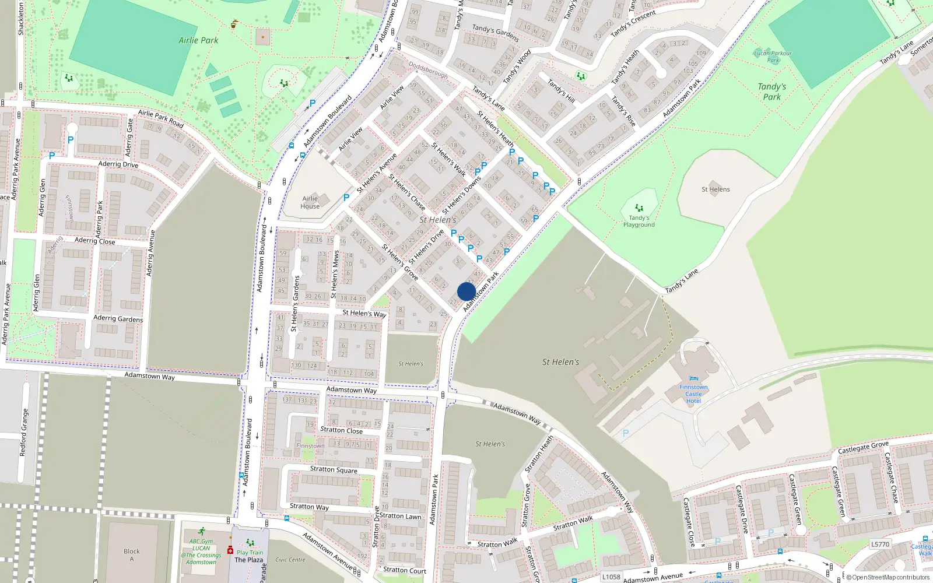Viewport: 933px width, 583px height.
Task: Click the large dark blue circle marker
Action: point(466,291)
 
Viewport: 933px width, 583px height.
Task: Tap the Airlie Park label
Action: point(198,40)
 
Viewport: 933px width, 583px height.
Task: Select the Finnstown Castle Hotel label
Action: point(693,394)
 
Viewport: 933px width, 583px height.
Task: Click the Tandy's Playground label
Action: point(639,222)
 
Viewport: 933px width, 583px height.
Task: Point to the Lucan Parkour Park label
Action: point(773,57)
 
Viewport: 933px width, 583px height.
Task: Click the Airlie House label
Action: point(310,202)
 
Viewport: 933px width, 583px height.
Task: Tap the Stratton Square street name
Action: point(334,469)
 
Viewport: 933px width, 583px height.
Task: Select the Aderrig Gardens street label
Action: point(118,318)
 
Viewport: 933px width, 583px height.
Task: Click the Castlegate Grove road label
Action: point(863,447)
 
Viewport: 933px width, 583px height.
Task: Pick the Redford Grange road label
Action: point(23,432)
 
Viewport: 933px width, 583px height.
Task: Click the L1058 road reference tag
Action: point(611,577)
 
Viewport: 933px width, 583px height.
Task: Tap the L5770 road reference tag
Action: point(880,545)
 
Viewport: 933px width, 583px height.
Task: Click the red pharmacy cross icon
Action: point(230,550)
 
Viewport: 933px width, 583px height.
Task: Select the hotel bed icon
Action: point(693,378)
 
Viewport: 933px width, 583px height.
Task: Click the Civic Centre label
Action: point(290,560)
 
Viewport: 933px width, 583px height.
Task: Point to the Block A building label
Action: point(132,555)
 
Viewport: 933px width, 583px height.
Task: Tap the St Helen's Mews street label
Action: point(335,275)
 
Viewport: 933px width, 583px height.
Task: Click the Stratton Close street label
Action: point(341,430)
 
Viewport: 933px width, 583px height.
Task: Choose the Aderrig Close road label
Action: point(94,240)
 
